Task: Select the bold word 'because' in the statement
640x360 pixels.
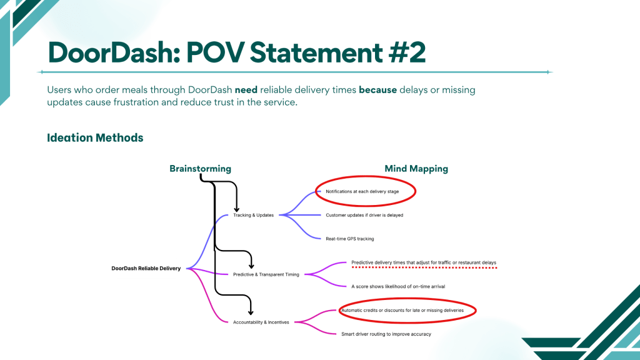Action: (x=377, y=90)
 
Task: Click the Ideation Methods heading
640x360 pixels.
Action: (x=95, y=137)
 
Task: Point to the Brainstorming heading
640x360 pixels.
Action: (x=200, y=169)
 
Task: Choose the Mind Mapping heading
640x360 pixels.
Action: (x=416, y=169)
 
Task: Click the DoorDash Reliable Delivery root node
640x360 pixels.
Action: (x=146, y=269)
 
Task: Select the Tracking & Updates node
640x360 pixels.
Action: (x=253, y=215)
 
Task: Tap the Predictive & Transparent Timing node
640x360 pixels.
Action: (x=266, y=274)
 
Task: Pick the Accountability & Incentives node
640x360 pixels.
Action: (x=261, y=322)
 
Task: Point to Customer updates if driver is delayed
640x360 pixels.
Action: (x=364, y=215)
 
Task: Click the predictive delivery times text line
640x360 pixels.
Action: (x=424, y=262)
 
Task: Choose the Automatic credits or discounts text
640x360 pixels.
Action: (x=402, y=310)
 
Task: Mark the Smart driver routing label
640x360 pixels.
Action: (x=386, y=334)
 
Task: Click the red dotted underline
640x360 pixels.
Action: (x=424, y=267)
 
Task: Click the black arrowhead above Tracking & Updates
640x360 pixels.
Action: (x=237, y=208)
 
